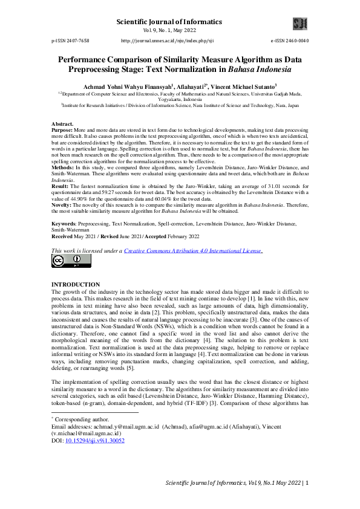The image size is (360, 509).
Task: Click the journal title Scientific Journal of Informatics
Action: click(169, 22)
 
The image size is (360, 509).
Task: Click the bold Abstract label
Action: click(63, 124)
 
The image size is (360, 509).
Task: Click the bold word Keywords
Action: click(65, 224)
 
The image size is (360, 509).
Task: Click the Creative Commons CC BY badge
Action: click(71, 261)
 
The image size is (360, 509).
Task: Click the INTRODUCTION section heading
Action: click(76, 284)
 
